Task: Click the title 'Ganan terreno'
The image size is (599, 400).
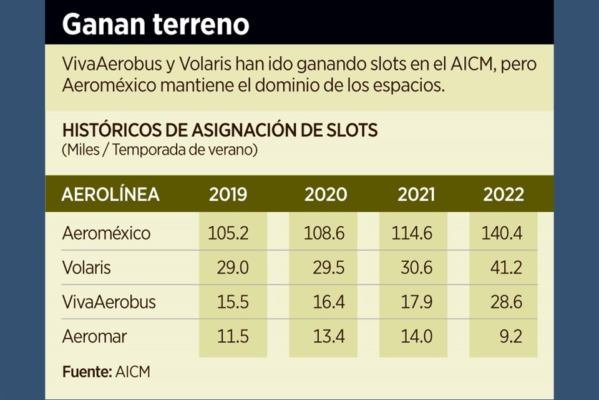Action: pyautogui.click(x=155, y=25)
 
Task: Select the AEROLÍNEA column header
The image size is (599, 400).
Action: pyautogui.click(x=110, y=194)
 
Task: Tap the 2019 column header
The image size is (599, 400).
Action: pyautogui.click(x=228, y=194)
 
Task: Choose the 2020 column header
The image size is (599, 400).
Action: pyautogui.click(x=326, y=194)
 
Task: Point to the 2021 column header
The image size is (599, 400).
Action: pyautogui.click(x=416, y=194)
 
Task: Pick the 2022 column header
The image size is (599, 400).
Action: pyautogui.click(x=503, y=194)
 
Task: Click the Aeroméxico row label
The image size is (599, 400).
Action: pyautogui.click(x=106, y=233)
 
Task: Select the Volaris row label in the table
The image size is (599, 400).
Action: pyautogui.click(x=87, y=267)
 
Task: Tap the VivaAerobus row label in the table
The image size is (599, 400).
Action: pyautogui.click(x=109, y=302)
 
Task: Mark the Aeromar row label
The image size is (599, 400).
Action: pyautogui.click(x=94, y=337)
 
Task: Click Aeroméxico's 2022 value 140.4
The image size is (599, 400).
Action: pyautogui.click(x=502, y=233)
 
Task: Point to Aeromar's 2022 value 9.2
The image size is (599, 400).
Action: pyautogui.click(x=510, y=337)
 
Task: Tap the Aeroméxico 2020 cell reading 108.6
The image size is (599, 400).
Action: pyautogui.click(x=325, y=233)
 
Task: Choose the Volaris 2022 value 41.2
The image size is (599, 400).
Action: pyautogui.click(x=507, y=267)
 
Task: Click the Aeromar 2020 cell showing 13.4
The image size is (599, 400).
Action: pyautogui.click(x=331, y=337)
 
